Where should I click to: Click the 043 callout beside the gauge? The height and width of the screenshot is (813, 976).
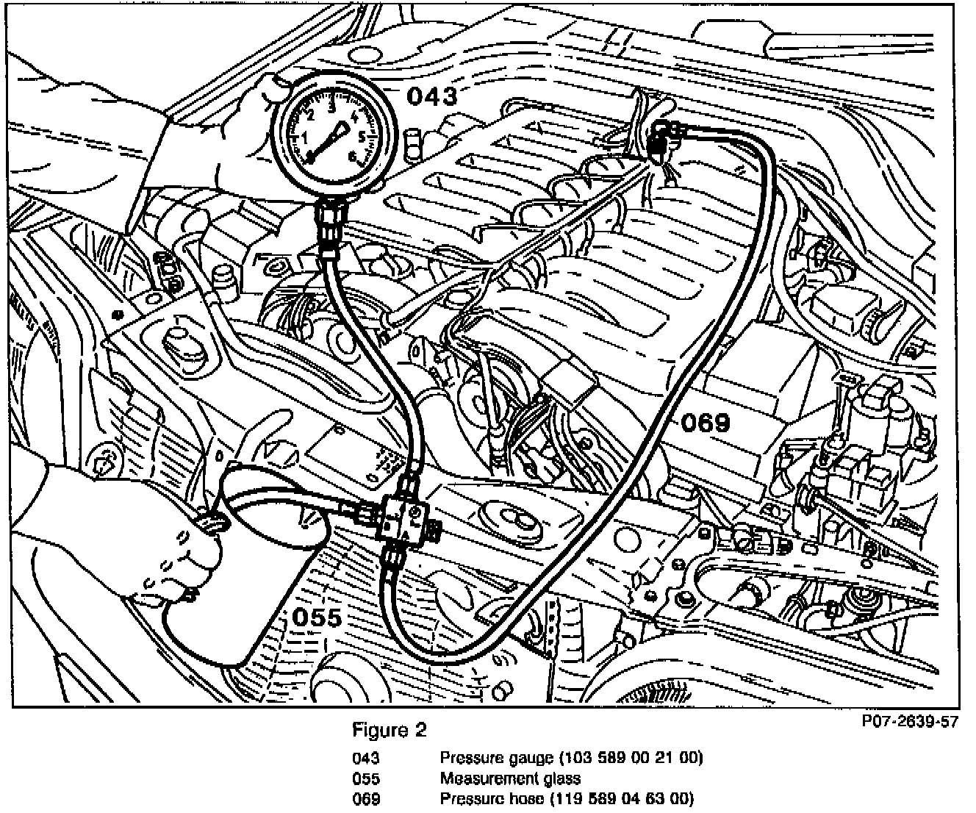(432, 96)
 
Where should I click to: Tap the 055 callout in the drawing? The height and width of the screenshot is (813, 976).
(317, 617)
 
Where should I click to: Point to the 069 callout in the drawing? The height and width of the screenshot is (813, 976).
(705, 423)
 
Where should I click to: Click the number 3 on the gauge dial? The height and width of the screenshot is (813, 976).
(332, 106)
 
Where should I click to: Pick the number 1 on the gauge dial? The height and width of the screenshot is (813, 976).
(303, 138)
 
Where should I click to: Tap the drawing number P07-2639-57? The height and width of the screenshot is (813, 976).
(911, 721)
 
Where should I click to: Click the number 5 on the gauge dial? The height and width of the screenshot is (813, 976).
(362, 137)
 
